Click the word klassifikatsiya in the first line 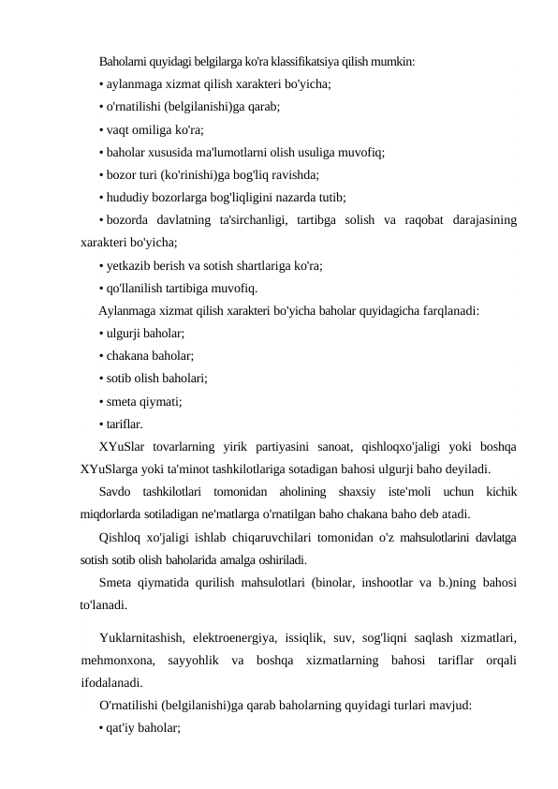308,63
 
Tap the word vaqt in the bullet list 119,129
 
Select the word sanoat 344,446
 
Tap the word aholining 292,492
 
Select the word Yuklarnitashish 145,637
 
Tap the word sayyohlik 184,660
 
